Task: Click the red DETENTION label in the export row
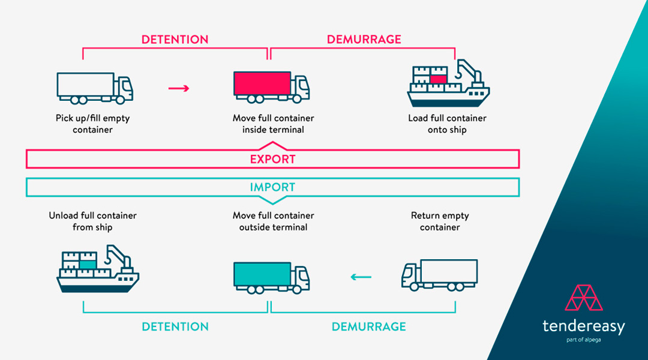(x=175, y=40)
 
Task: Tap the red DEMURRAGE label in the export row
(x=364, y=40)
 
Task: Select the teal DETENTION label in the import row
(x=175, y=327)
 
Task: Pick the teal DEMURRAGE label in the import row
(x=368, y=327)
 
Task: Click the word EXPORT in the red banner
(x=272, y=160)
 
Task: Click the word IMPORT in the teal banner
(x=272, y=188)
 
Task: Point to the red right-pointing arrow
(x=179, y=89)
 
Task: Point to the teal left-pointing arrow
(x=361, y=277)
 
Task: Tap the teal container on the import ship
(x=88, y=263)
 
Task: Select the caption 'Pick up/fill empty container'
(x=93, y=124)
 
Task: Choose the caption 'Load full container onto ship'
(x=447, y=124)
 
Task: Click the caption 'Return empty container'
(x=440, y=221)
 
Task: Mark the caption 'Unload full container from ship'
(x=93, y=221)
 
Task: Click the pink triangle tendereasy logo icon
(x=584, y=298)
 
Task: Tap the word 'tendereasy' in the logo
(x=583, y=327)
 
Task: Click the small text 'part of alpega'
(x=583, y=340)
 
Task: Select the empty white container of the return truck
(x=449, y=271)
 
